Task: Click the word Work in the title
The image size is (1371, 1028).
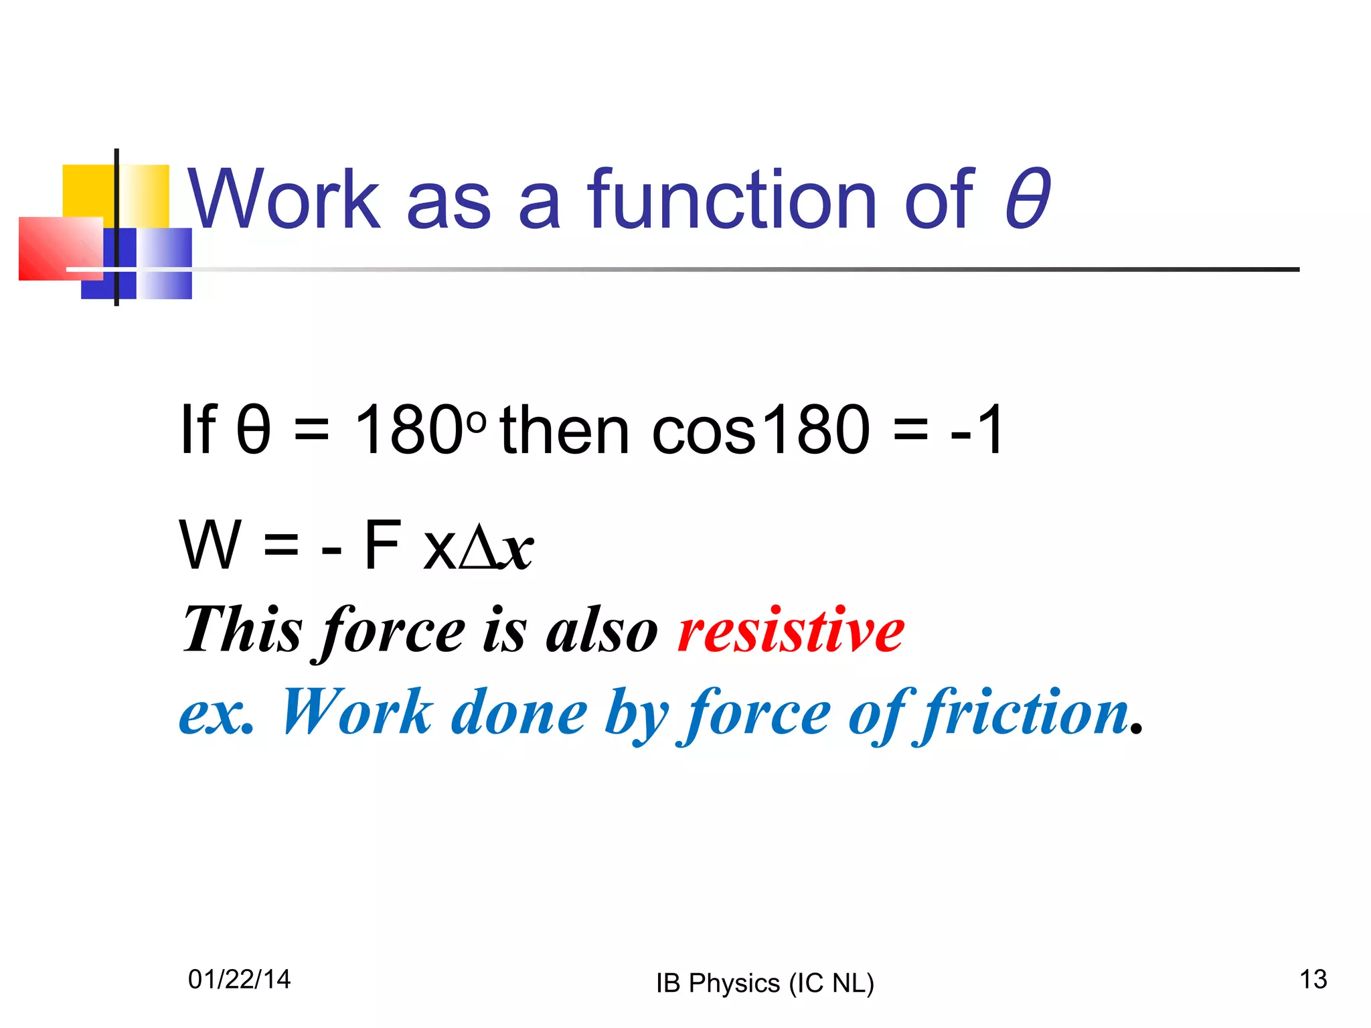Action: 284,199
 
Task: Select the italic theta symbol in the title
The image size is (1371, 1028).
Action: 1027,199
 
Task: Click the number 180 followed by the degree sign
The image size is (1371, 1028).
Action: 418,430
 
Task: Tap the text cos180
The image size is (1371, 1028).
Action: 760,430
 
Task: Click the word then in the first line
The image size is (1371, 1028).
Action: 564,430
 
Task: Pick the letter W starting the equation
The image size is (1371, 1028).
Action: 210,545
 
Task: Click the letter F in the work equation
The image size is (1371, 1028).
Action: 382,545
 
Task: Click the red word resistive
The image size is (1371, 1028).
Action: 791,630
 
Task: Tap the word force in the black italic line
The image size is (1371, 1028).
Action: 394,630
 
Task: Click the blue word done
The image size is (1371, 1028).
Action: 519,712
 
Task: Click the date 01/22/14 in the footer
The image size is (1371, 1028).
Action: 240,979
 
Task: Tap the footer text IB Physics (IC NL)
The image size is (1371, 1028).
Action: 764,983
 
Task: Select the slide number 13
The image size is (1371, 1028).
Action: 1313,979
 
